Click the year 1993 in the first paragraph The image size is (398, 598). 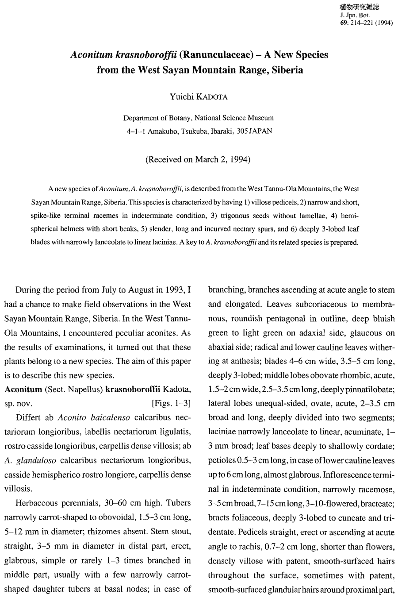pos(173,290)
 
